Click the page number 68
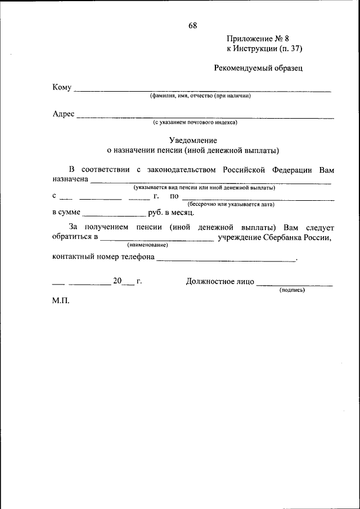[x=193, y=25]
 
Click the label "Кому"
[x=62, y=87]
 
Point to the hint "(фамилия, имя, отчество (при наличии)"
[x=200, y=96]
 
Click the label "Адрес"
[x=64, y=114]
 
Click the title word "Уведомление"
[x=193, y=140]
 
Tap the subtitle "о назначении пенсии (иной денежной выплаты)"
[x=193, y=150]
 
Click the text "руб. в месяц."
[x=171, y=213]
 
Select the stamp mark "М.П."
[x=61, y=301]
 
